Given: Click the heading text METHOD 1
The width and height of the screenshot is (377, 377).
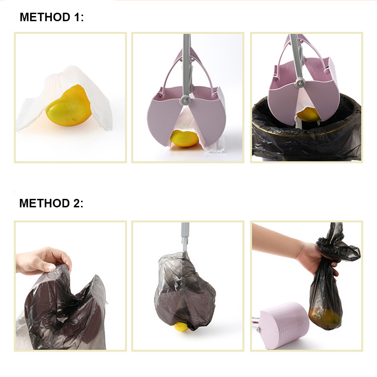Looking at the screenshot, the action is pos(52,17).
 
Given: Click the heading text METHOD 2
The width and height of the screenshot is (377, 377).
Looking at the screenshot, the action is pos(51,203).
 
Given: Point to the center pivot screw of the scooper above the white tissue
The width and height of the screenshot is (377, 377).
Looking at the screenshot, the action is pos(185,99).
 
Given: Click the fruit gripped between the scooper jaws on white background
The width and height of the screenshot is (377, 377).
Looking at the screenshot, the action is pos(185,138).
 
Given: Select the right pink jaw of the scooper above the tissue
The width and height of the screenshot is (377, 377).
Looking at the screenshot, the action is pos(207,118).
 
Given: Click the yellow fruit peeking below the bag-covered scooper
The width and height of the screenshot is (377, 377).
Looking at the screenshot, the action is pos(181,326).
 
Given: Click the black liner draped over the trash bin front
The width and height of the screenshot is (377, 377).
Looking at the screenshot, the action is pos(305,147).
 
